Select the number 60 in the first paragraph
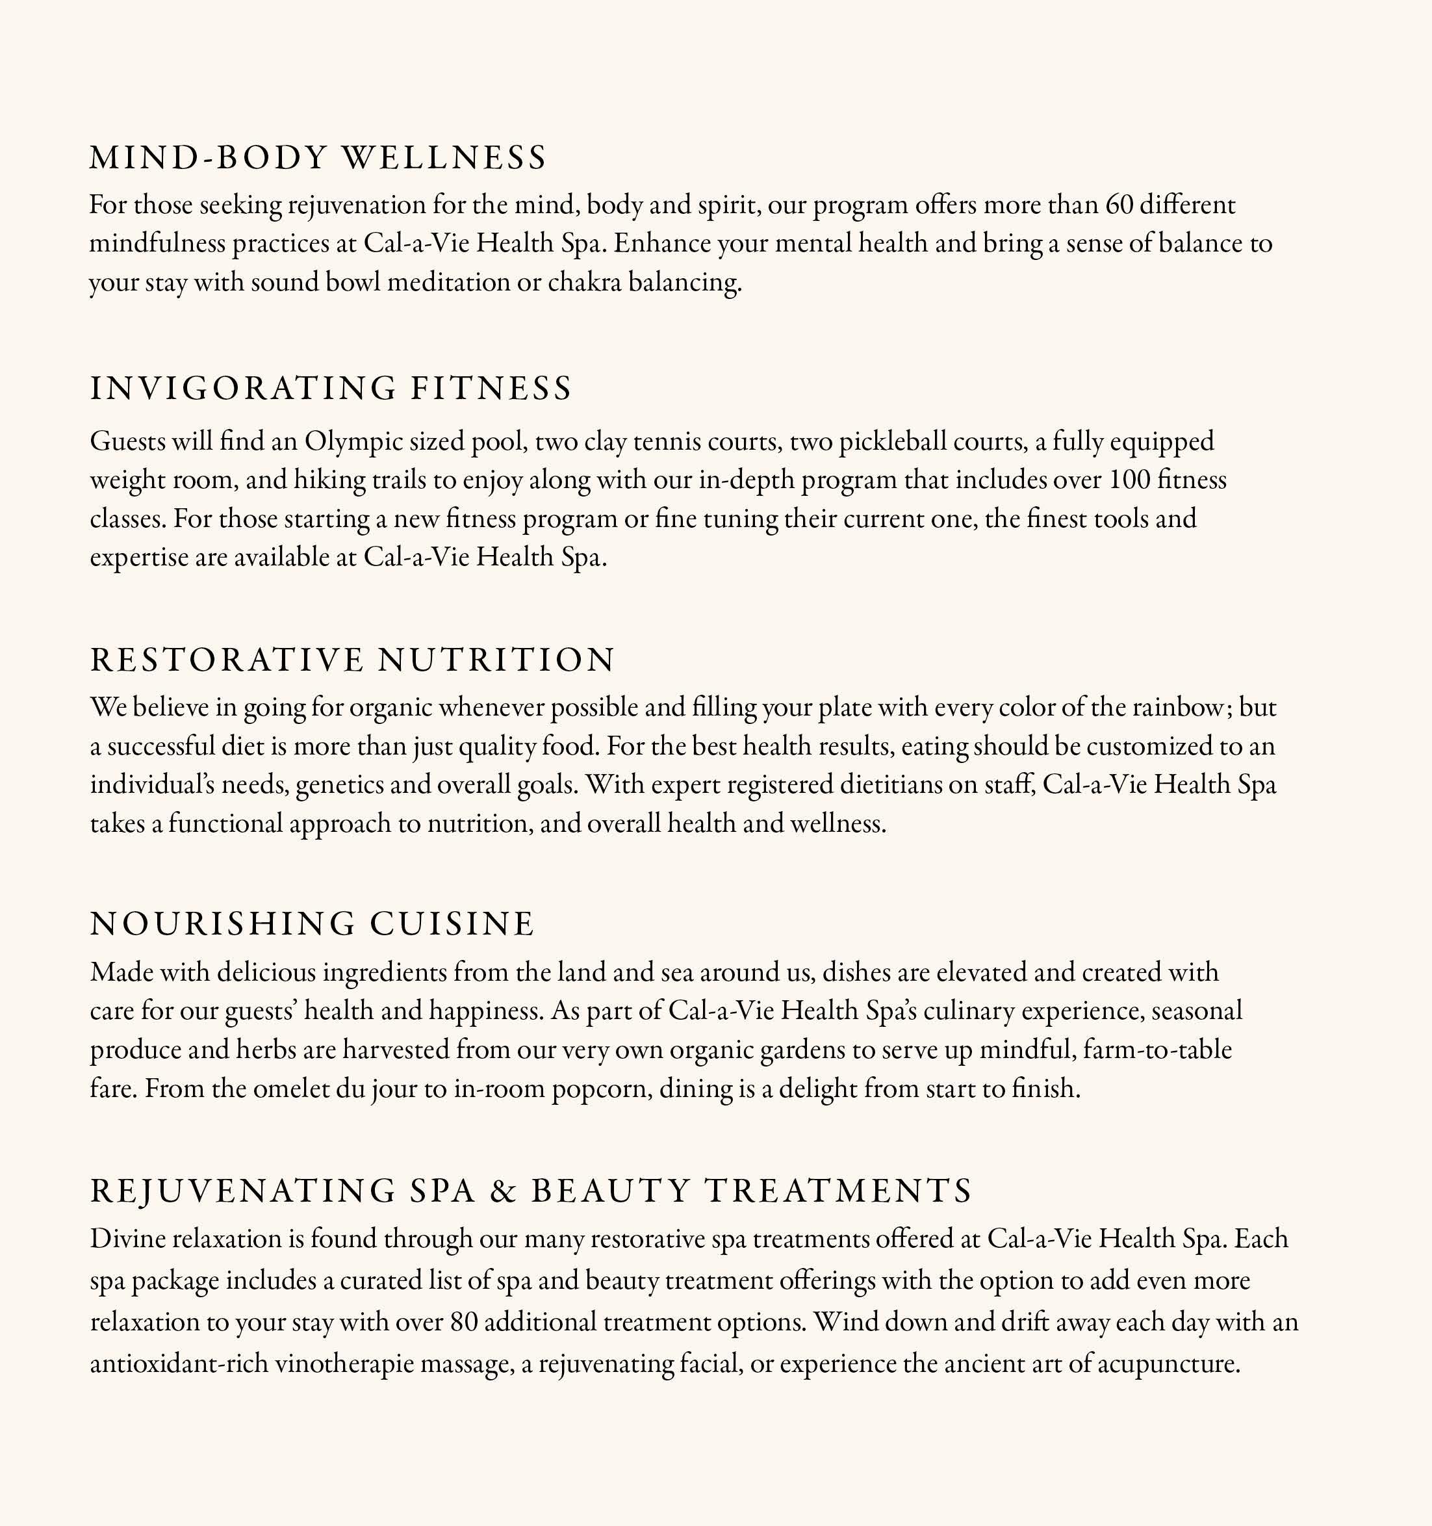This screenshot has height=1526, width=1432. [x=1119, y=205]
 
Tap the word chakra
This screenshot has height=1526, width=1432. [x=584, y=283]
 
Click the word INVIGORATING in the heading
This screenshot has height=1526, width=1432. [x=243, y=389]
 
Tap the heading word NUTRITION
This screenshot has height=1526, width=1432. [x=496, y=660]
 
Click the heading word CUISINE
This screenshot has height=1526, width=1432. [x=452, y=924]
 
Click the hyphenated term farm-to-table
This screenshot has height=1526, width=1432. [x=1157, y=1050]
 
